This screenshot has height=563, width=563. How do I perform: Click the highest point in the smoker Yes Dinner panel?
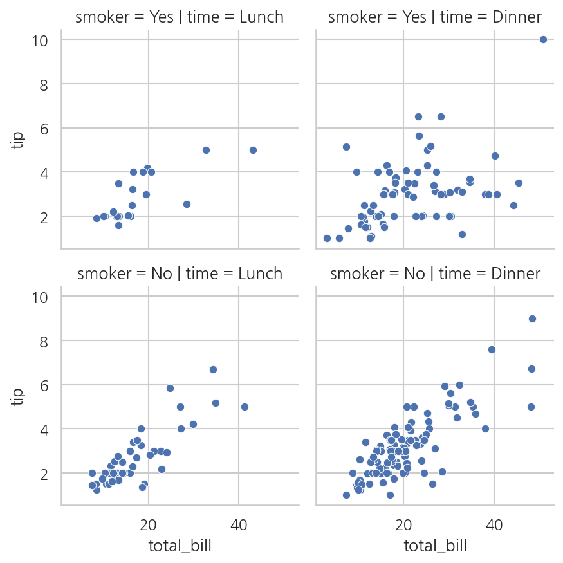tap(543, 39)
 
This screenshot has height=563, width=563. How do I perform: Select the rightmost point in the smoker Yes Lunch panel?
tap(253, 150)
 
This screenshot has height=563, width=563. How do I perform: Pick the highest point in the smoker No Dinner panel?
tap(533, 319)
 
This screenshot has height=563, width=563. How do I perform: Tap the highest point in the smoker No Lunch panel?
tap(213, 369)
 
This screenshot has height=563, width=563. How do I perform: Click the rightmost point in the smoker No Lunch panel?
tap(245, 407)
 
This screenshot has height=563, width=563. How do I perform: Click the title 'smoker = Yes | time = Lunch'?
tap(180, 17)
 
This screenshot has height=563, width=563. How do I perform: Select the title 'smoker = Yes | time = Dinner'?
tap(435, 17)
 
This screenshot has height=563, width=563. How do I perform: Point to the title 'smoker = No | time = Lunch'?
tap(180, 273)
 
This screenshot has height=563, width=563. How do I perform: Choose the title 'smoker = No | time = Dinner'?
tap(435, 273)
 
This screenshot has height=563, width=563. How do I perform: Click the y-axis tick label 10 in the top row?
tap(40, 41)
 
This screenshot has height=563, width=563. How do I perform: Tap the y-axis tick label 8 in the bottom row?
tap(44, 342)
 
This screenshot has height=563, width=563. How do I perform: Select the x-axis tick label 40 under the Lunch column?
tap(239, 525)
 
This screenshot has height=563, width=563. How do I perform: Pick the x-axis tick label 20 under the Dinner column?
tap(403, 525)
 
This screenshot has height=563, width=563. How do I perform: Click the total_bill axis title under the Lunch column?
tap(180, 546)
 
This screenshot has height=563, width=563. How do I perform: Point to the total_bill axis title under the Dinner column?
tap(435, 546)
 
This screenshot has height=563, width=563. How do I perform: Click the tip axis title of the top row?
tap(17, 140)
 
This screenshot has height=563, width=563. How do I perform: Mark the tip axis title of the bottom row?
tap(17, 397)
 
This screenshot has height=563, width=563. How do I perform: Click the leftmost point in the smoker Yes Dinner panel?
tap(327, 239)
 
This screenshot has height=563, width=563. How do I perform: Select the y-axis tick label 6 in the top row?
tap(44, 129)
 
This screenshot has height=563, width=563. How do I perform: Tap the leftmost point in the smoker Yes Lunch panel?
tap(97, 218)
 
